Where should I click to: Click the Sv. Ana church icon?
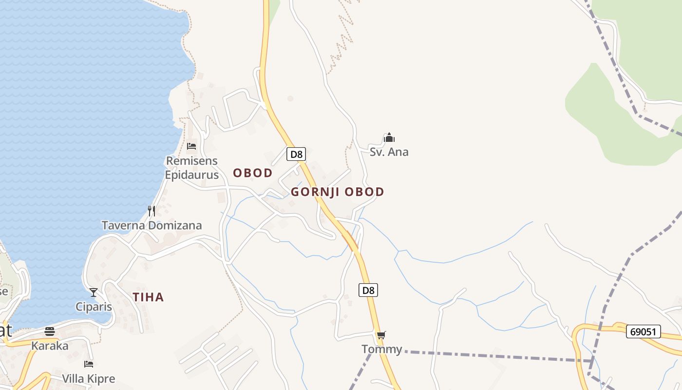[x=389, y=137]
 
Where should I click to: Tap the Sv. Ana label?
[x=389, y=152]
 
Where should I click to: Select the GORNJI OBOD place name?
[x=338, y=192]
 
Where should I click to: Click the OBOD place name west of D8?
[x=252, y=173]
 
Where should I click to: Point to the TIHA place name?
[x=148, y=297]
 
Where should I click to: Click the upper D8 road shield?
[x=296, y=155]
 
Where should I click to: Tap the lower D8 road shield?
[x=369, y=291]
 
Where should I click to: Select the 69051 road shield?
[x=643, y=332]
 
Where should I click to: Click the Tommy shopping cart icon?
[x=381, y=335]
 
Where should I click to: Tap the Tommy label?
[x=381, y=349]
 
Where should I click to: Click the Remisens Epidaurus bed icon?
[x=191, y=146]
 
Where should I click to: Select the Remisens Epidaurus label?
[x=191, y=168]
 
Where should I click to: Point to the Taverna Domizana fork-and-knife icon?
[x=152, y=211]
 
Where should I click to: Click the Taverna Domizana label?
[x=152, y=225]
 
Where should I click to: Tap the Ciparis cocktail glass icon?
[x=94, y=292]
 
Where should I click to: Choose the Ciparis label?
[x=94, y=307]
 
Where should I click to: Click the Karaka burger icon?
[x=50, y=331]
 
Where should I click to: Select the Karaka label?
[x=50, y=346]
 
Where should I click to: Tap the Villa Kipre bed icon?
[x=89, y=364]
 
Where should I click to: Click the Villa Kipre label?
[x=89, y=379]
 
